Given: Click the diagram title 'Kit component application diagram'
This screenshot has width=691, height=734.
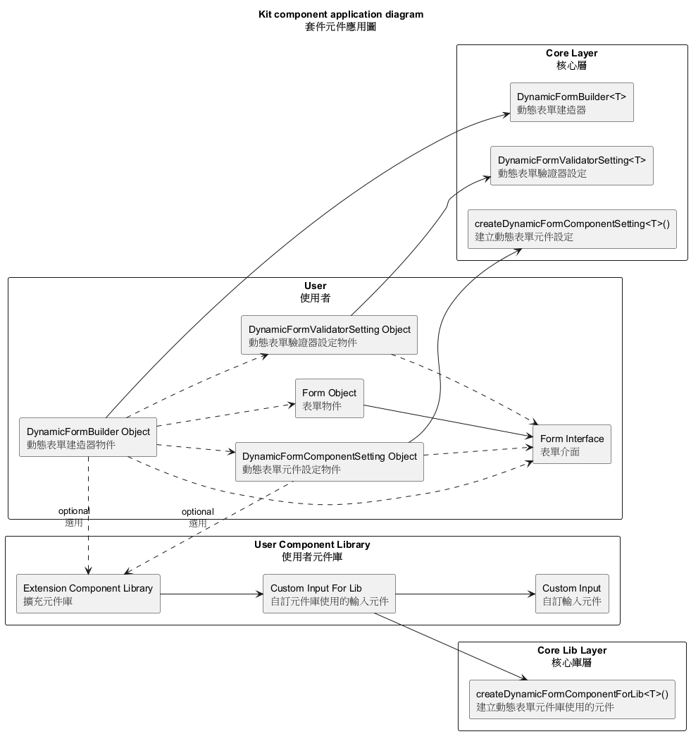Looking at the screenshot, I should (341, 14).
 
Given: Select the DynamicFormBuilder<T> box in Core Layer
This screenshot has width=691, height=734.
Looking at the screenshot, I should (571, 102).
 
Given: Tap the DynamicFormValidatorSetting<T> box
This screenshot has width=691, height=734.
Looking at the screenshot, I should (571, 166).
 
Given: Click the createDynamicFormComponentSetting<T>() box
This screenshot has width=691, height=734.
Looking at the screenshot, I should (571, 229).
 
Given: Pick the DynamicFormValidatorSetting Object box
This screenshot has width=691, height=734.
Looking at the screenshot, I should (329, 335).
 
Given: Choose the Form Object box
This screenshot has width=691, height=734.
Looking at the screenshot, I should (329, 398).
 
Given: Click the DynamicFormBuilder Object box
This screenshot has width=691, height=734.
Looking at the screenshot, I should (88, 437).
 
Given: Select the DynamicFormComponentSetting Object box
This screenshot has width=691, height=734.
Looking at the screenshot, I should (329, 462).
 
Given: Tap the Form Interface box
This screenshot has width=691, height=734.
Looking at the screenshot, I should (571, 444).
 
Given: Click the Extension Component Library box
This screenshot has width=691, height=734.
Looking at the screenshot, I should (88, 594).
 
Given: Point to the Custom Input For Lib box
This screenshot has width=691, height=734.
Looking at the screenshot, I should (329, 594).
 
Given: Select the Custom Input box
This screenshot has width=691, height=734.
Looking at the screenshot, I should (571, 594).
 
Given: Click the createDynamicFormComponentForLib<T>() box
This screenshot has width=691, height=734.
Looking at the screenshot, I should (571, 699).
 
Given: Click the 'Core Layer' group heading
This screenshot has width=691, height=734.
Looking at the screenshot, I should (571, 54).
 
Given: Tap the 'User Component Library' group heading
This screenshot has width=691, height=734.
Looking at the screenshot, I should (311, 544).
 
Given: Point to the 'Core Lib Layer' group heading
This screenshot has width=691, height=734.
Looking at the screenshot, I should (571, 650).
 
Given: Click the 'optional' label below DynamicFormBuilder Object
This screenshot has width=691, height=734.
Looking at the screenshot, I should (73, 511).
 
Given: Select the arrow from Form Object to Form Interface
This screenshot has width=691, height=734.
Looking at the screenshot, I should (447, 420).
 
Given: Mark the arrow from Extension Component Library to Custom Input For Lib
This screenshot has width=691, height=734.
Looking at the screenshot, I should (211, 594).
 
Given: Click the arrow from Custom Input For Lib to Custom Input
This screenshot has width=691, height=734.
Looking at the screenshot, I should (465, 594).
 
